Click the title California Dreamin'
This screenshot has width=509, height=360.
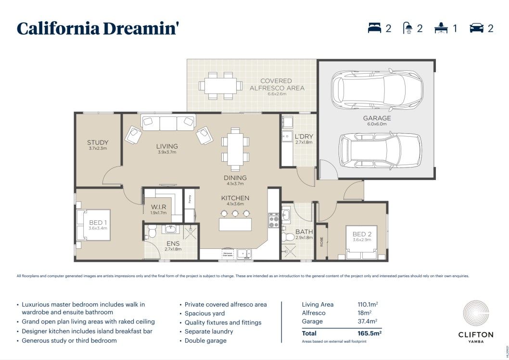(x=98, y=28)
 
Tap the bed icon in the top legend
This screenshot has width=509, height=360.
(x=375, y=28)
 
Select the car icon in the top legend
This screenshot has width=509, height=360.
(x=476, y=28)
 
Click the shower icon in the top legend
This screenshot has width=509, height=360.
(x=407, y=28)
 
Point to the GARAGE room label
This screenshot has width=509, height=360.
(x=377, y=118)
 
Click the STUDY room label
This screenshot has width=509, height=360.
(x=98, y=142)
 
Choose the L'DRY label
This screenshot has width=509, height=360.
(x=304, y=137)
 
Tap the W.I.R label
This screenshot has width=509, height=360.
(x=158, y=207)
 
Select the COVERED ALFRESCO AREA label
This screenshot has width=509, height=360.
(x=277, y=84)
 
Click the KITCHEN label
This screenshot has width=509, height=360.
(x=235, y=198)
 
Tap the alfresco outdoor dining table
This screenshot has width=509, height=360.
(x=221, y=86)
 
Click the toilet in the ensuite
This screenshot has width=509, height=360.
(x=152, y=232)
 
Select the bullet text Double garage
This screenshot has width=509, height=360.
(x=205, y=341)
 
